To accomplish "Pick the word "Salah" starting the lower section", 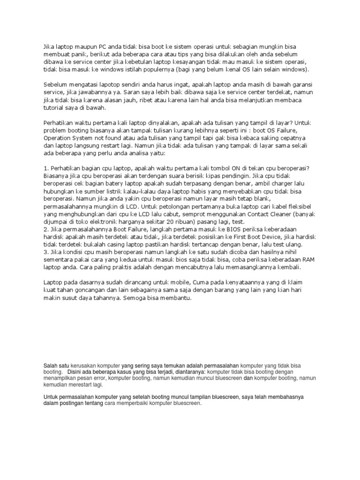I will (x=51, y=365).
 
